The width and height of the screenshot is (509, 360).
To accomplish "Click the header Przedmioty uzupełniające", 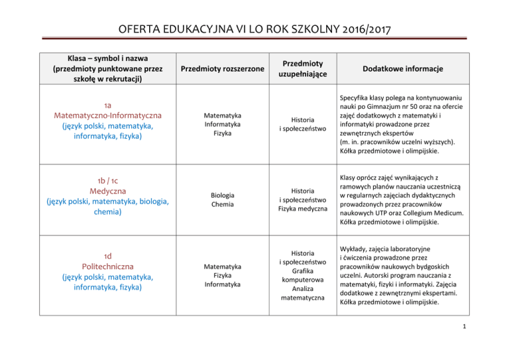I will [x=302, y=69].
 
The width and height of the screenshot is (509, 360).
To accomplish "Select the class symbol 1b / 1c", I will [x=107, y=179].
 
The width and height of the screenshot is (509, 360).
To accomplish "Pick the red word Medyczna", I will [x=107, y=190].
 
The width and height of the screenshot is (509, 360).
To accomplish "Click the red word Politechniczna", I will [x=107, y=266].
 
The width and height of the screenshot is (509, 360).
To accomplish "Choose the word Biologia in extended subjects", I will [x=222, y=196].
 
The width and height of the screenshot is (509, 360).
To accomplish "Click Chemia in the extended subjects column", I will [x=222, y=205].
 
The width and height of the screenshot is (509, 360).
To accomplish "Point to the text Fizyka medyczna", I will [x=302, y=210].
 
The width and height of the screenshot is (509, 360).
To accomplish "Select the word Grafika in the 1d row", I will [x=302, y=270].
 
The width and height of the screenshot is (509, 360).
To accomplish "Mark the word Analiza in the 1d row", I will [x=302, y=289].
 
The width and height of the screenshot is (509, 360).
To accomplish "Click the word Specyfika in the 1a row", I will [x=355, y=99].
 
